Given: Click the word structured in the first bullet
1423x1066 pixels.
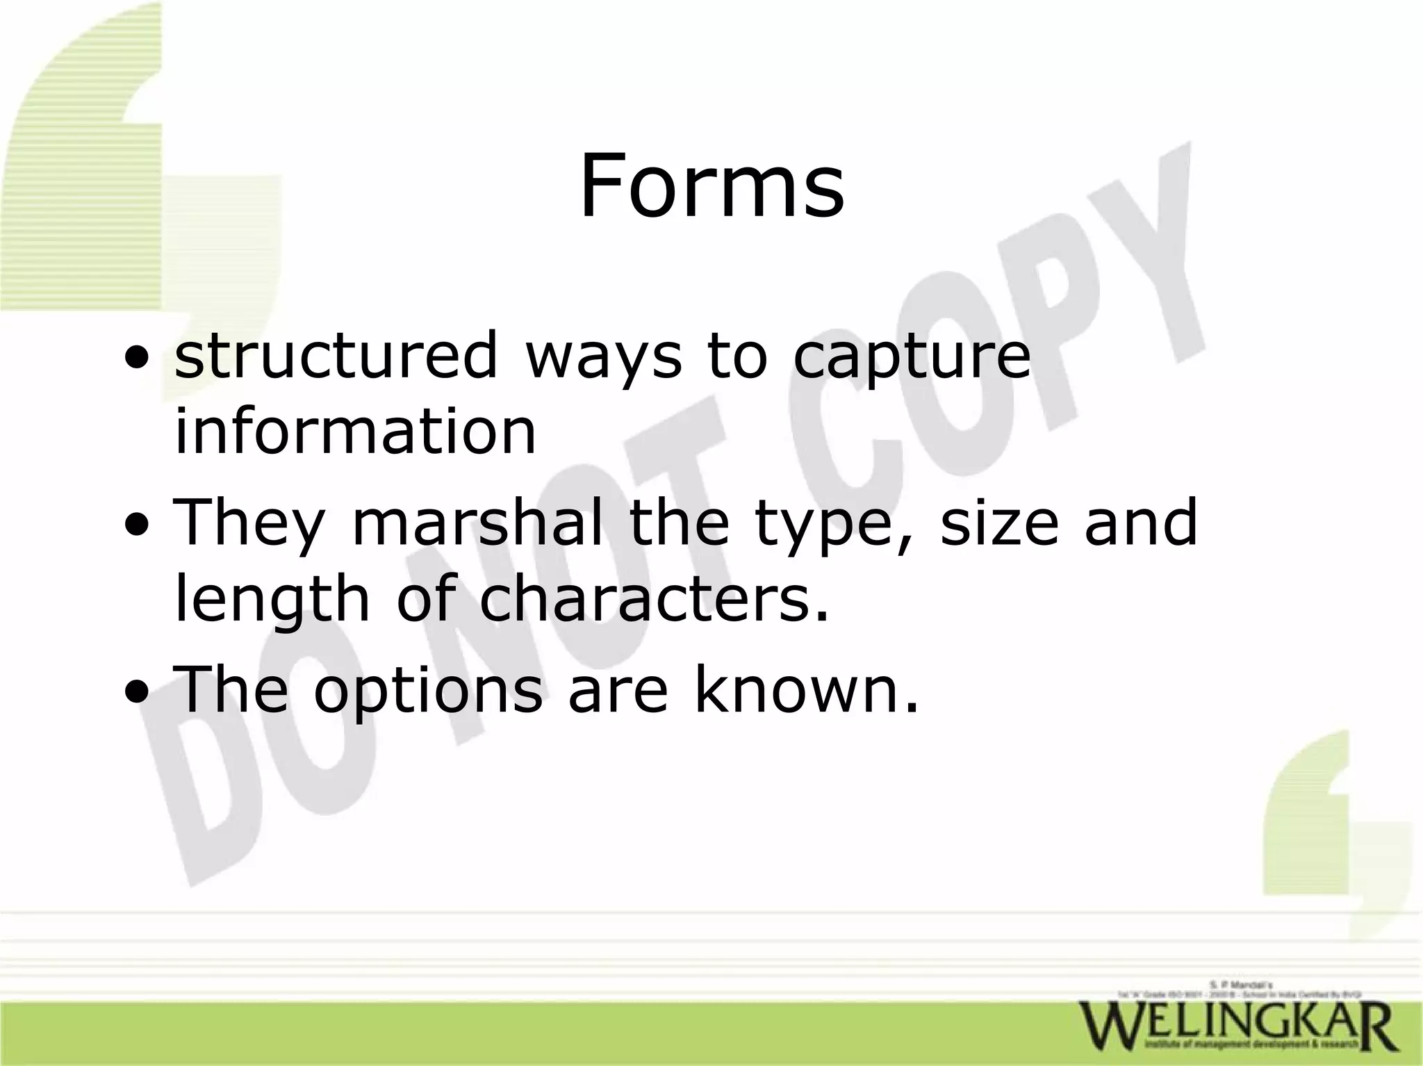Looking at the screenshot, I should (x=336, y=355).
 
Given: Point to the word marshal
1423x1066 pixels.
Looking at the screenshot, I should (x=477, y=522).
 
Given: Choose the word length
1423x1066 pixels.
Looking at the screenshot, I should (x=272, y=598).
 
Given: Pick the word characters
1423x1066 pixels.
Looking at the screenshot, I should (x=654, y=598).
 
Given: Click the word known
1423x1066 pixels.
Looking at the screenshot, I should (x=806, y=690).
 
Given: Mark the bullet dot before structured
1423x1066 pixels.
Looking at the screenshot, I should (x=136, y=361).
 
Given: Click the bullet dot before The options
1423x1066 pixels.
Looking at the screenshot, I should (x=136, y=694).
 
